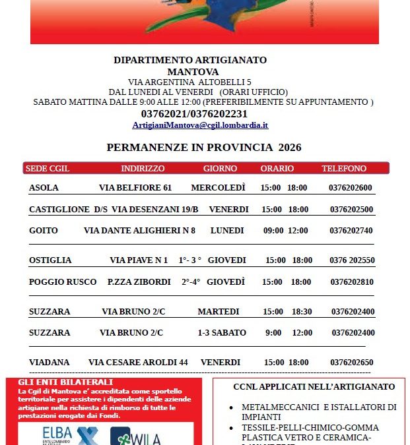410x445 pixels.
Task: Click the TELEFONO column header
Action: pyautogui.click(x=344, y=169)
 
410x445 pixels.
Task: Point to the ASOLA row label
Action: pyautogui.click(x=44, y=188)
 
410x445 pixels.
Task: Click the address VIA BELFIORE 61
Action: pyautogui.click(x=135, y=188)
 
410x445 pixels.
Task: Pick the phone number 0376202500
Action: pyautogui.click(x=351, y=210)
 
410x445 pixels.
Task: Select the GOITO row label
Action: pyautogui.click(x=44, y=231)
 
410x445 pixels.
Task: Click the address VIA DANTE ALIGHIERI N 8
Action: pyautogui.click(x=139, y=231)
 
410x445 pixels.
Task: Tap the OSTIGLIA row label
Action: pyautogui.click(x=50, y=260)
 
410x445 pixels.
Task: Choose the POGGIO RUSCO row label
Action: pyautogui.click(x=63, y=282)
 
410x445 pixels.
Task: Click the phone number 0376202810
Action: pyautogui.click(x=351, y=282)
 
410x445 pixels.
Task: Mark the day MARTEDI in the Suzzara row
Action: pyautogui.click(x=218, y=312)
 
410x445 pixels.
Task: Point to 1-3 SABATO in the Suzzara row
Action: pyautogui.click(x=218, y=333)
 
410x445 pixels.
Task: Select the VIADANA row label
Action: pyautogui.click(x=49, y=363)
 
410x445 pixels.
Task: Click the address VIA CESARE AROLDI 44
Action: pyautogui.click(x=138, y=363)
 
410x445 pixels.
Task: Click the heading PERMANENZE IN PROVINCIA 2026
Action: pyautogui.click(x=204, y=148)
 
